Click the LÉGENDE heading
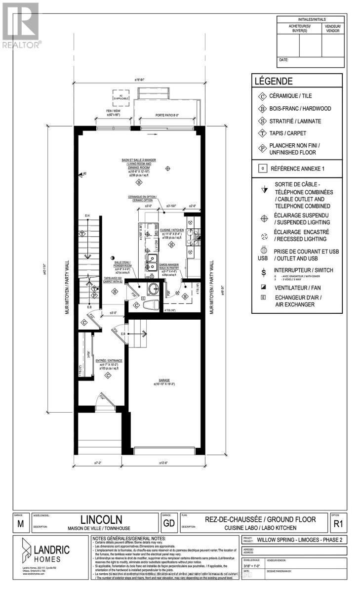(273, 81)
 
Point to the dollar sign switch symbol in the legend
(264, 271)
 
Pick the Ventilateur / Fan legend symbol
(264, 286)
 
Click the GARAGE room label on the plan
(164, 381)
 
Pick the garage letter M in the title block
(20, 524)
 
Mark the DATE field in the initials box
(283, 60)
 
